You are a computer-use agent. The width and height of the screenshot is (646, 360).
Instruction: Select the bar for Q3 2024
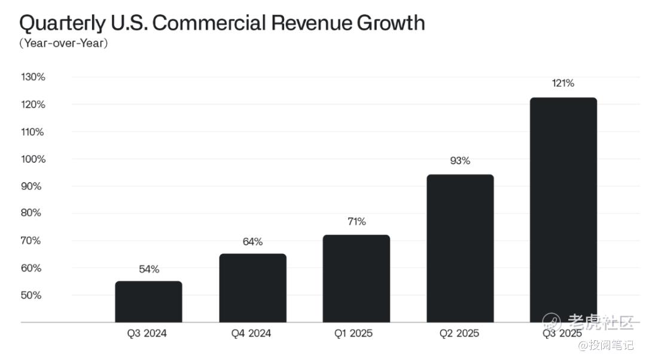(x=148, y=302)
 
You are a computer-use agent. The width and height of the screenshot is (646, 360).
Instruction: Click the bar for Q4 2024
(x=252, y=288)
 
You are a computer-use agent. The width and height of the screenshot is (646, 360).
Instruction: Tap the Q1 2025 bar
(x=356, y=279)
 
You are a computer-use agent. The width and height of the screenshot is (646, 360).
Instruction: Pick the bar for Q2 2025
(x=460, y=249)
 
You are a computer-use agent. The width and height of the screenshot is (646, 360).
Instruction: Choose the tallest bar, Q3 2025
(x=563, y=210)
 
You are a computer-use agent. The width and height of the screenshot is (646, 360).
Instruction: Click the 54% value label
(x=149, y=269)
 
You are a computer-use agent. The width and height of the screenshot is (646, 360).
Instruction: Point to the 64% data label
(x=252, y=242)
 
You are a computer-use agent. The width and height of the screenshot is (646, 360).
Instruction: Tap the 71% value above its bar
(x=356, y=222)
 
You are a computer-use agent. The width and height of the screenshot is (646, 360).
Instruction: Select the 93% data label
(x=460, y=161)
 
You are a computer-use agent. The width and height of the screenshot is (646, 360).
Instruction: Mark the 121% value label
(x=563, y=84)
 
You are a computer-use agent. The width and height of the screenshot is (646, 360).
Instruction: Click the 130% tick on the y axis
(x=33, y=77)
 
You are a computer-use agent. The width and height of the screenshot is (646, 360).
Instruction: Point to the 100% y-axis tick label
(x=33, y=159)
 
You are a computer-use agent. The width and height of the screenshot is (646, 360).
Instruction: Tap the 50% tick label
(x=31, y=295)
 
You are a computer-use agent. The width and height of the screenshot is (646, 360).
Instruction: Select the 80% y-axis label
(x=31, y=213)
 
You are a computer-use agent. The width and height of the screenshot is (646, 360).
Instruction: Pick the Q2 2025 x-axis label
(x=459, y=334)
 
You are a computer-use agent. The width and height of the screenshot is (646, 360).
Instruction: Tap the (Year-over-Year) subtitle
(x=63, y=43)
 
